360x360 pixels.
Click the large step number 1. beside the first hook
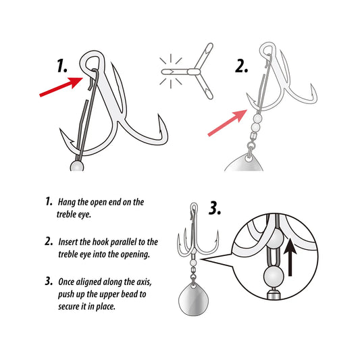pos(62,66)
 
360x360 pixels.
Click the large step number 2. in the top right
pos(242,66)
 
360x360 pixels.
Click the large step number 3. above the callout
pos(215,209)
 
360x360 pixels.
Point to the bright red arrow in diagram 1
pos(61,86)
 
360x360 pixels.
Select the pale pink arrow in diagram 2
pos(228,123)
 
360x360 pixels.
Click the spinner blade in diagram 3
pos(193,299)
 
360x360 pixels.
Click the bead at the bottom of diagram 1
pos(77,166)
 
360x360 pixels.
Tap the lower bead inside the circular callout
pos(274,276)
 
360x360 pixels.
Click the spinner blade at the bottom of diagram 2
pos(245,163)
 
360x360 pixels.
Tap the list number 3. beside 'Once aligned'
pos(49,281)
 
